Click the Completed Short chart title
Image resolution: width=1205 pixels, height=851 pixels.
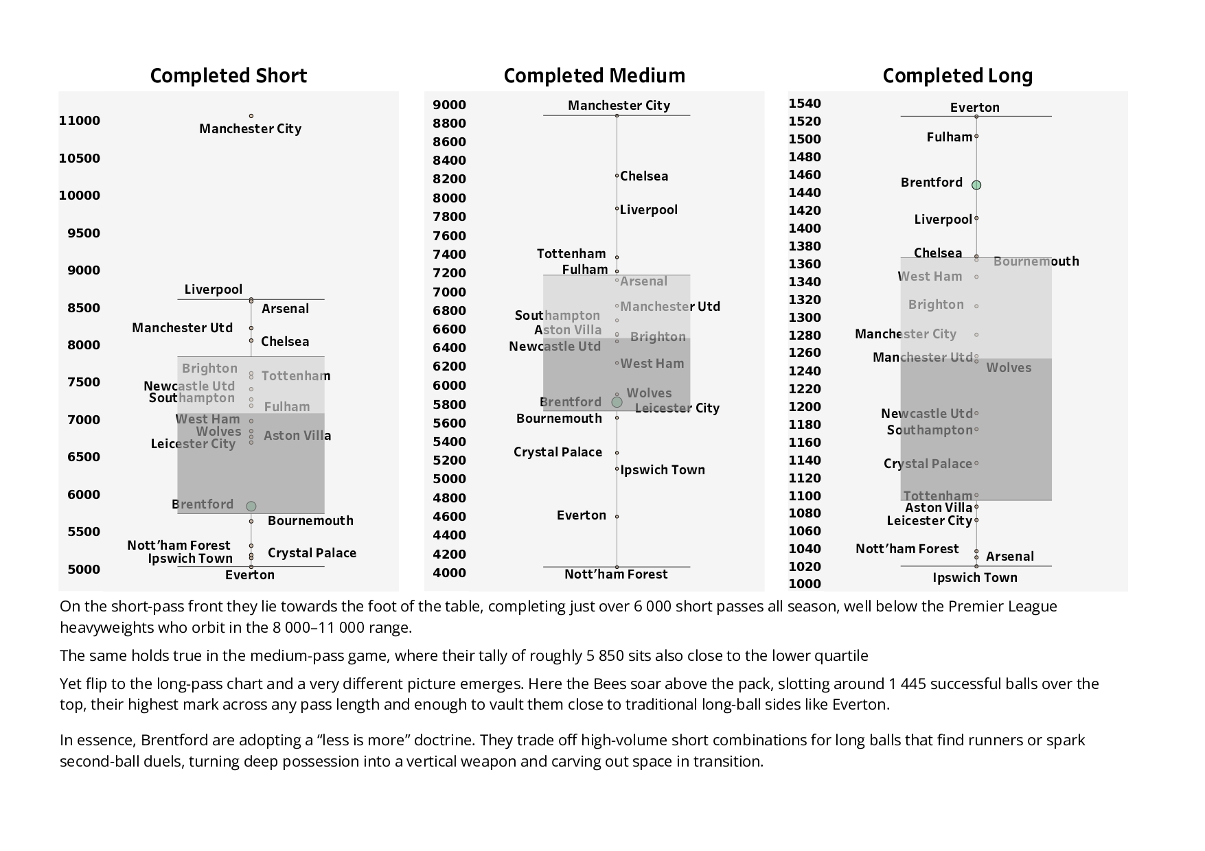pos(228,75)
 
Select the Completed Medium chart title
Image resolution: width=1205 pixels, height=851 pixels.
pos(594,75)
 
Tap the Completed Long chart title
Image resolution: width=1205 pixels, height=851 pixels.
pos(957,75)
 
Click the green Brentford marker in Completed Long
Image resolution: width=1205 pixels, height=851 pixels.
pos(976,185)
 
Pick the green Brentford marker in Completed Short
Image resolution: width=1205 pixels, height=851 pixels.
pos(251,506)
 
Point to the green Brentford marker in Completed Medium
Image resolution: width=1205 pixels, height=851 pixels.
pos(617,402)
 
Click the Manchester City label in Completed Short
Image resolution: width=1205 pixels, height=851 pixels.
pos(250,129)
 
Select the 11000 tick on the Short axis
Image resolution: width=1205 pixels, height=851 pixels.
pos(80,121)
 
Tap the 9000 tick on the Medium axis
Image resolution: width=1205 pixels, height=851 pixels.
pos(449,105)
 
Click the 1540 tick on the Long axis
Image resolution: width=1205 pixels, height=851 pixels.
pos(805,104)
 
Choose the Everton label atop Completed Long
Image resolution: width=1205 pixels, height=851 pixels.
pos(974,108)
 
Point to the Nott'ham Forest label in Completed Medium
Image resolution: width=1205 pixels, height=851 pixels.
pos(616,574)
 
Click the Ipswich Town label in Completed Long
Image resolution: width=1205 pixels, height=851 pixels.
pos(974,578)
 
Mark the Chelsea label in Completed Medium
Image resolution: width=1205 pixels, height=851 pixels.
pos(644,176)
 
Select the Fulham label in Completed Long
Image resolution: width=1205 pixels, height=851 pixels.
pos(949,137)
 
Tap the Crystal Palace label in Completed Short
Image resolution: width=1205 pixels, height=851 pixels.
pos(312,553)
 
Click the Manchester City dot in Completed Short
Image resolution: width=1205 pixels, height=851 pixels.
pos(251,116)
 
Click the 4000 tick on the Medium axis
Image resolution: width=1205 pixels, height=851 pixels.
pos(449,573)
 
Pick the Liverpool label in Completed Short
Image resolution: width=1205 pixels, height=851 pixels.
pos(213,290)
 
